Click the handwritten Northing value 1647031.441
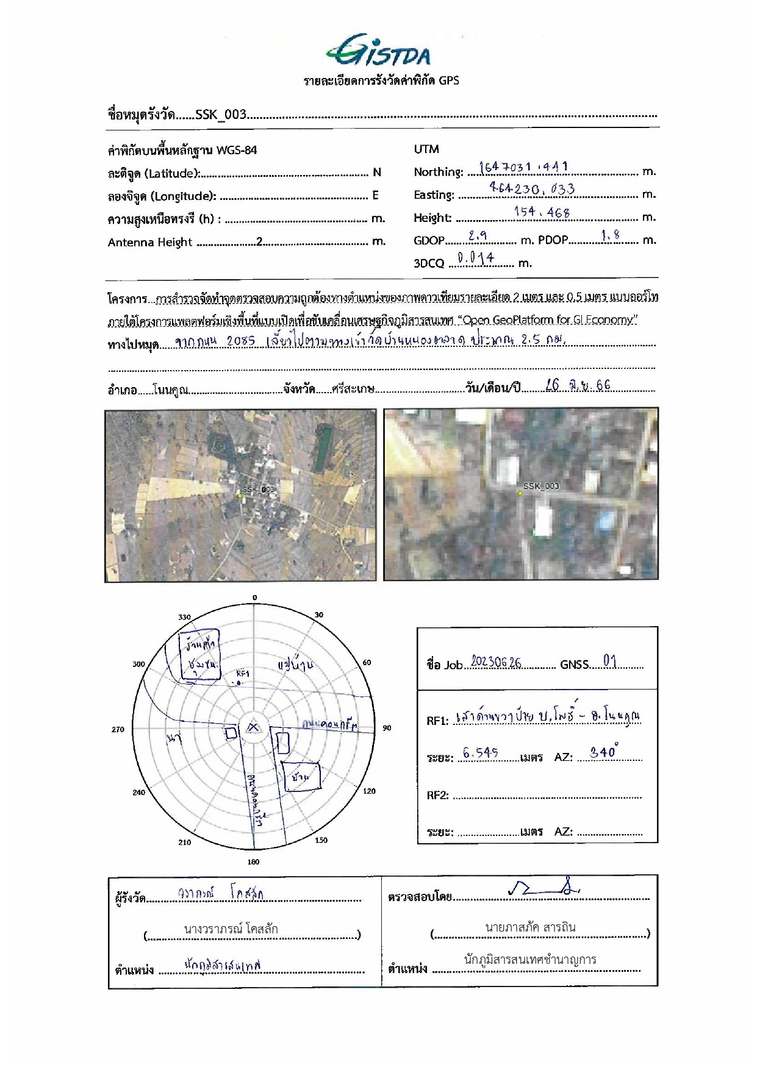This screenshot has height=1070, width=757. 523,166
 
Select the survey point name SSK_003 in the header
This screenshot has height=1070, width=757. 220,115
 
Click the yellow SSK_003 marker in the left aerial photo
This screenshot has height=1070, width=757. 240,496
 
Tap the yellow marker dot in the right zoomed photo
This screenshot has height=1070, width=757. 520,493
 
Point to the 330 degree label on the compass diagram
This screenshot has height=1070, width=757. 184,617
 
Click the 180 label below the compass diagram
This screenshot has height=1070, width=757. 253,861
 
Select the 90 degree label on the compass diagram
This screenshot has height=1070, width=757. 387,727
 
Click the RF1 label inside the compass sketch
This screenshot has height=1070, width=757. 243,673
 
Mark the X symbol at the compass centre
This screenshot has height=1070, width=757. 253,727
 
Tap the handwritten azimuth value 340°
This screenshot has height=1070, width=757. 604,752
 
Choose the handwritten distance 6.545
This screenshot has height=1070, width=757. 480,753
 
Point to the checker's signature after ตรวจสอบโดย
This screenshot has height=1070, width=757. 543,891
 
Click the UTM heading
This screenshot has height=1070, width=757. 426,149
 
